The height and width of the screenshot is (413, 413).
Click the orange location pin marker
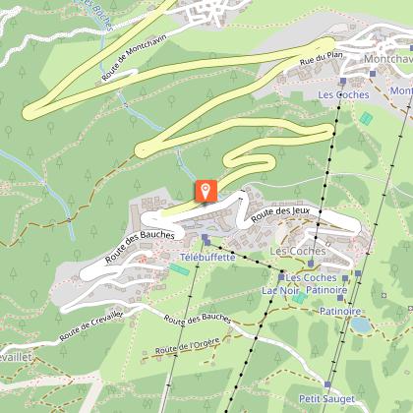[x=206, y=190]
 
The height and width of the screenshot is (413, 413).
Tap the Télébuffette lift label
[x=207, y=257]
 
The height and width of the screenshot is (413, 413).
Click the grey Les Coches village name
[x=296, y=252]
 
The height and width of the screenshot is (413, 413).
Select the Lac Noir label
[x=280, y=291]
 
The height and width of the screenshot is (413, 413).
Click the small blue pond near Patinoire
[x=361, y=323]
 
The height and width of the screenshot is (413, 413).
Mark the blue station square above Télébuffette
[x=205, y=238]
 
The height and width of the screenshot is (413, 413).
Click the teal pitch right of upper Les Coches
[x=366, y=117]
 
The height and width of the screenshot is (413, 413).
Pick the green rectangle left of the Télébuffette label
[x=177, y=267]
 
